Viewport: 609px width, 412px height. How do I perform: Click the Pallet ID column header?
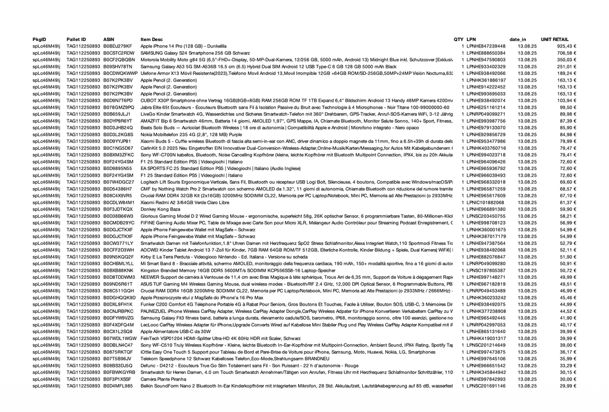(76, 39)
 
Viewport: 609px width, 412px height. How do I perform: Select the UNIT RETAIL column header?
(554, 39)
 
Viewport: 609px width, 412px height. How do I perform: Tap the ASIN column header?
(108, 39)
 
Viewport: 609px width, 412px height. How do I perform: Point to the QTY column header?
(458, 39)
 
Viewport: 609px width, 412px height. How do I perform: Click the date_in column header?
(518, 39)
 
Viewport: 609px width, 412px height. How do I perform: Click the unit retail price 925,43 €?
(565, 46)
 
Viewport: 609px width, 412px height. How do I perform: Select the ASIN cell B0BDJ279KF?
(118, 46)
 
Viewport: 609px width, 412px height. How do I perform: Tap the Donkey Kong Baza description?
(161, 209)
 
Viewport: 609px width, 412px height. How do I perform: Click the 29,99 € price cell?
(567, 386)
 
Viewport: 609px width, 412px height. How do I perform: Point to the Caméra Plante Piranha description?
(164, 379)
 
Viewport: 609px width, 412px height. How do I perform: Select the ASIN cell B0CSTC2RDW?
(118, 53)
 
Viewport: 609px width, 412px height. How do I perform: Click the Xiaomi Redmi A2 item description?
(177, 203)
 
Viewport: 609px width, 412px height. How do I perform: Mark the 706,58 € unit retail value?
(565, 53)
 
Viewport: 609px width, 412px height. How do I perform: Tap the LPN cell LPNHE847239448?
(486, 46)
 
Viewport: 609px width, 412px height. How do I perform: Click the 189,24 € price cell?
(565, 73)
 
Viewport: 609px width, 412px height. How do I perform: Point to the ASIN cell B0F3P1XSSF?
(117, 379)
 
